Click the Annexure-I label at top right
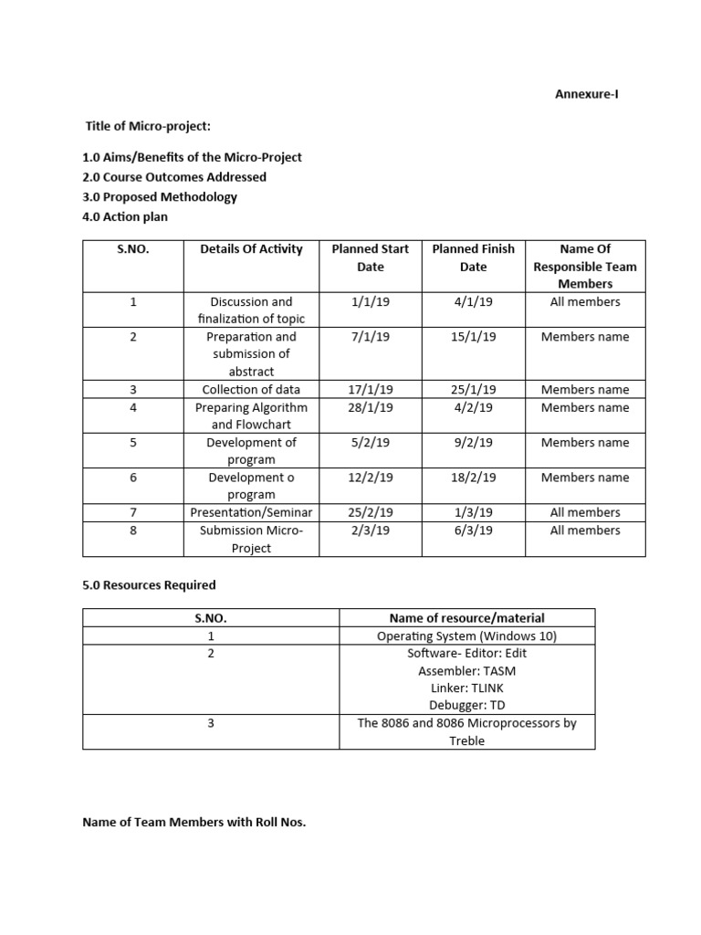click(x=588, y=94)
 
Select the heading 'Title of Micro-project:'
click(x=148, y=125)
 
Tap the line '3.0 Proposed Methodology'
click(x=160, y=196)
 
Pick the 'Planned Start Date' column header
click(x=370, y=257)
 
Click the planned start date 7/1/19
click(x=370, y=337)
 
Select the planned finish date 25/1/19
click(x=473, y=390)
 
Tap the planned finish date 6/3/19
click(x=473, y=531)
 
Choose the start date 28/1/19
click(x=370, y=407)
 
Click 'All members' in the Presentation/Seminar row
click(x=584, y=512)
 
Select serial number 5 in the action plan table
click(x=133, y=443)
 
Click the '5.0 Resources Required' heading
click(x=149, y=584)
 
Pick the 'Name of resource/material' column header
click(x=466, y=618)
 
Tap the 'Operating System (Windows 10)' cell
click(x=466, y=636)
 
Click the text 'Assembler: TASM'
click(x=466, y=670)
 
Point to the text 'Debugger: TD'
click(x=466, y=705)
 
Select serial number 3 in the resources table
click(x=210, y=723)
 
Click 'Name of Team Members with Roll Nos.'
click(x=194, y=823)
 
